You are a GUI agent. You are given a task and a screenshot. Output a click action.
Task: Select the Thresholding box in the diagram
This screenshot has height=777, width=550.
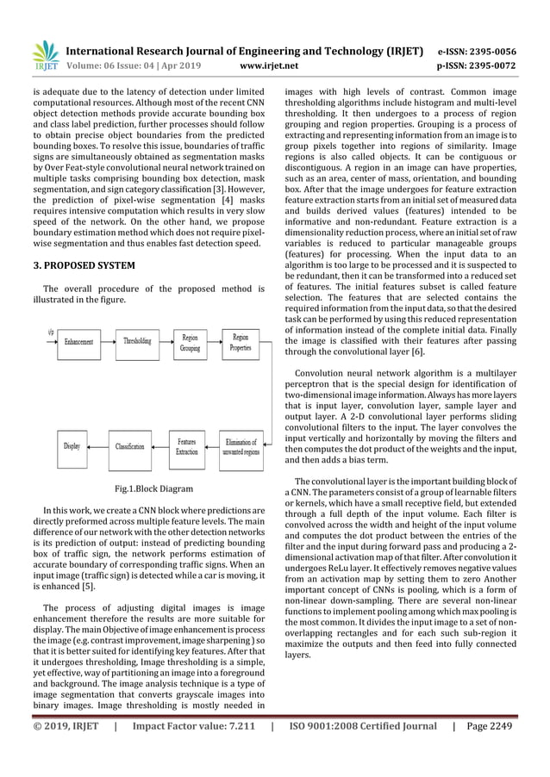(x=138, y=342)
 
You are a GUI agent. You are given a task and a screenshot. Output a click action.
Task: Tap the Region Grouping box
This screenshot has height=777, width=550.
(x=190, y=343)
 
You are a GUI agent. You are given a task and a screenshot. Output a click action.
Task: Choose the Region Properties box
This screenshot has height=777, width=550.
(x=241, y=343)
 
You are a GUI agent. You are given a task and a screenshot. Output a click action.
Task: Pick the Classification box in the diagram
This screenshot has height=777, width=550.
(x=130, y=446)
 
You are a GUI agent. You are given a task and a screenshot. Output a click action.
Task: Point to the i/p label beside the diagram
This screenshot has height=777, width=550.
(x=50, y=330)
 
